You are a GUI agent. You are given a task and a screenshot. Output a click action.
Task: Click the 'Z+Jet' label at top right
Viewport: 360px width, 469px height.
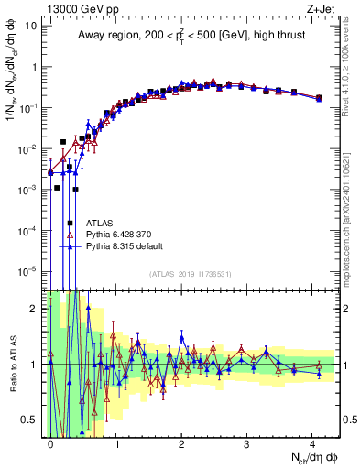tap(322, 8)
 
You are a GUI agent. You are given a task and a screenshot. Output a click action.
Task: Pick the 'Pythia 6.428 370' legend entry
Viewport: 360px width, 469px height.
tap(122, 234)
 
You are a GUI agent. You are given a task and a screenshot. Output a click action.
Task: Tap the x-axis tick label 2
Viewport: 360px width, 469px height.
tap(181, 442)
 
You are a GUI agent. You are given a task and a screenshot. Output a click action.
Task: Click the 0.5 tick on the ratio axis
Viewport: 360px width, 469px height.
tap(30, 420)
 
